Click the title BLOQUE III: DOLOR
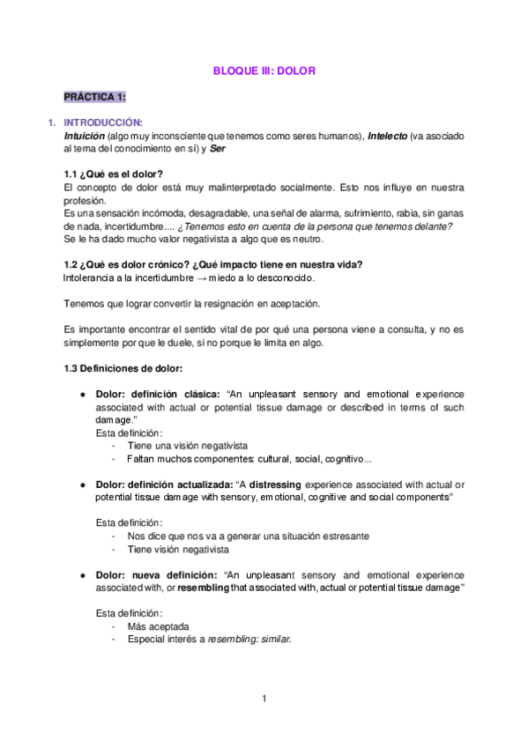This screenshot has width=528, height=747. coord(264,70)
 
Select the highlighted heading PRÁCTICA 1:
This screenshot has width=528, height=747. coord(94,96)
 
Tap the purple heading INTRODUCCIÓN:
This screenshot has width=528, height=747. coord(104,122)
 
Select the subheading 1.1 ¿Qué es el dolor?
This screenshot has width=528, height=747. coord(114,174)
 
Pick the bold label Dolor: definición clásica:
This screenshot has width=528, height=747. coord(159,394)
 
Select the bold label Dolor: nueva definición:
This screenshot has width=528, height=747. coord(159,574)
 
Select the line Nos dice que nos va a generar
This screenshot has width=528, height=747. coord(248,536)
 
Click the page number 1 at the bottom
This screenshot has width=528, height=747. coord(264,699)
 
